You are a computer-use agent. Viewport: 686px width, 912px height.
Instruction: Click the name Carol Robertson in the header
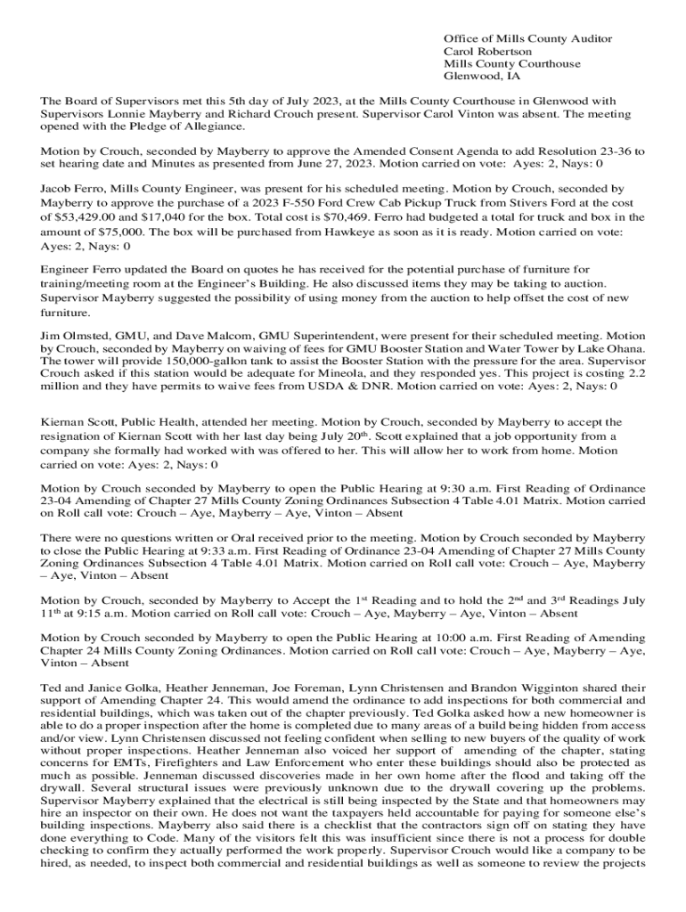pos(487,52)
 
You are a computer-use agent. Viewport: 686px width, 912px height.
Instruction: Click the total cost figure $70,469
pos(307,216)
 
